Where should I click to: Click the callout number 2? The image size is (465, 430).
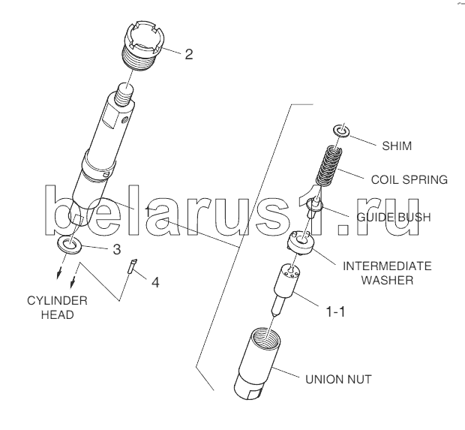pyautogui.click(x=189, y=54)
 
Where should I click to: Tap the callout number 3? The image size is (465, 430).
pyautogui.click(x=117, y=249)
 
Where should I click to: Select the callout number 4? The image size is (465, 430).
pyautogui.click(x=155, y=282)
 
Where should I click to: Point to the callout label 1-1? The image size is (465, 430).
pyautogui.click(x=335, y=312)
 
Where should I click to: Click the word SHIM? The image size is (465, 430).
pyautogui.click(x=397, y=146)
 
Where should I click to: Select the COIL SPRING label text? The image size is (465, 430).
pyautogui.click(x=409, y=179)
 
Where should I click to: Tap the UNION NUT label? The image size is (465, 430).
pyautogui.click(x=338, y=379)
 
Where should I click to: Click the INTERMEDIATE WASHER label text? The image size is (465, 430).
pyautogui.click(x=387, y=273)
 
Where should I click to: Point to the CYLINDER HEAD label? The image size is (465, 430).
pyautogui.click(x=57, y=308)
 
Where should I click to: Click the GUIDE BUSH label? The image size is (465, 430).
pyautogui.click(x=394, y=217)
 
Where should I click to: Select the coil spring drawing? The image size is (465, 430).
pyautogui.click(x=328, y=166)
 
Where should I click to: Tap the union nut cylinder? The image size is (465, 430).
pyautogui.click(x=256, y=364)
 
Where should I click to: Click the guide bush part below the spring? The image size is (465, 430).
pyautogui.click(x=314, y=207)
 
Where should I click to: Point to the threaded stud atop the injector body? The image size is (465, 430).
pyautogui.click(x=124, y=95)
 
